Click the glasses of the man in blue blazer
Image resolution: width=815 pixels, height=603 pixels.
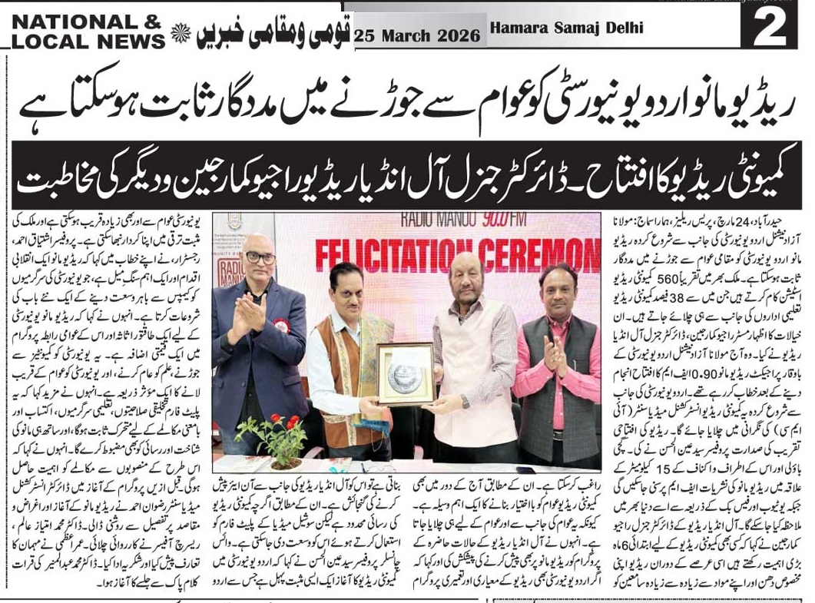pos(260,257)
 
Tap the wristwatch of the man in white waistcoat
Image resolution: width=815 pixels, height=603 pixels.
pos(465,401)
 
